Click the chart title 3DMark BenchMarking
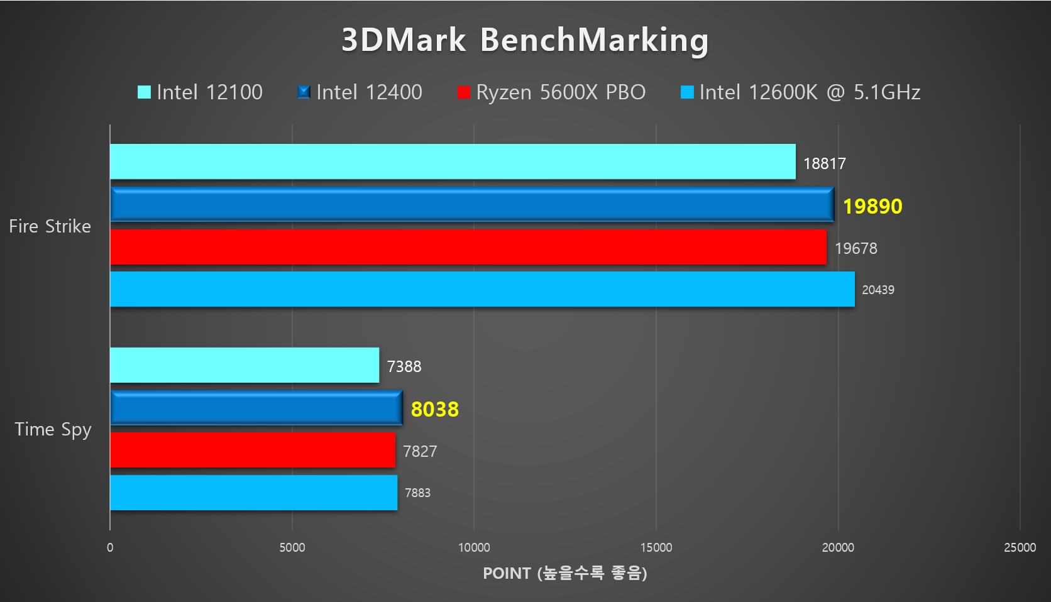pos(525,40)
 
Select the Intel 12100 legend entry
pos(201,92)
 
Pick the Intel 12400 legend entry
pos(360,92)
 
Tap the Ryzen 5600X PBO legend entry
pos(552,92)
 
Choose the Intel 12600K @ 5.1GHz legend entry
pos(801,92)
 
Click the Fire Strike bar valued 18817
pos(453,161)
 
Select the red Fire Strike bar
pos(468,247)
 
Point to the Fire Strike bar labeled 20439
pos(482,289)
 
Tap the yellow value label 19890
pos(872,206)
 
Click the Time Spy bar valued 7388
pos(245,365)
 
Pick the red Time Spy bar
pos(253,450)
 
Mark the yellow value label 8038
pos(435,409)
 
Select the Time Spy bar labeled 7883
pos(253,493)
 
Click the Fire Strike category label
pos(50,226)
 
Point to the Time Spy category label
pos(53,429)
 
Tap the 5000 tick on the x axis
pos(292,547)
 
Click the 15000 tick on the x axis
pos(656,547)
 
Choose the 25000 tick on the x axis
pos(1020,547)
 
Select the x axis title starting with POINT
pos(564,573)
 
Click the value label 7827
pos(420,451)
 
